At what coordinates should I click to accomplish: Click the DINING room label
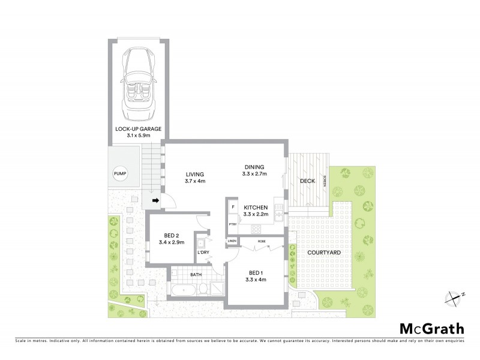point(254,167)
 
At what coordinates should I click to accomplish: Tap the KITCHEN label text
point(256,208)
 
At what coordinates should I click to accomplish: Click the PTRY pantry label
point(232,224)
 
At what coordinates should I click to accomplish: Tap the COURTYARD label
point(325,253)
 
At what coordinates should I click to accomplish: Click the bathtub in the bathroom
point(182,289)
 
